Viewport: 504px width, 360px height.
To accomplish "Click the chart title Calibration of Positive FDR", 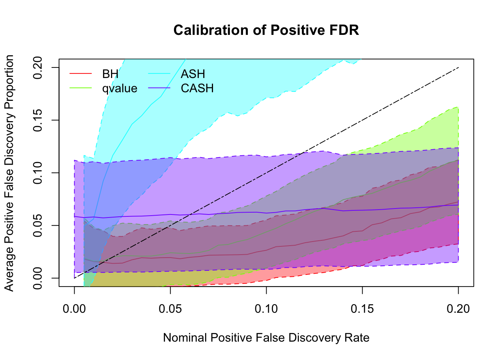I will tap(266, 30).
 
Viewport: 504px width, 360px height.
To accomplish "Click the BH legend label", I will tap(110, 74).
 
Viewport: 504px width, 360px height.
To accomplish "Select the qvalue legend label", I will tap(120, 88).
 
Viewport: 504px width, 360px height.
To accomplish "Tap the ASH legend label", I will tap(193, 74).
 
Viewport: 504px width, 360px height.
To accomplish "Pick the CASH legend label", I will tap(197, 88).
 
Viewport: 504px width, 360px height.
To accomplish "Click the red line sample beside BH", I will tap(81, 74).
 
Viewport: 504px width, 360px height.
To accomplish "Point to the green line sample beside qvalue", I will tap(81, 88).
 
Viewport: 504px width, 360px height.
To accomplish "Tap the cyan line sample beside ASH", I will tap(159, 74).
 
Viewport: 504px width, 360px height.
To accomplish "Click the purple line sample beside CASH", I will tap(159, 88).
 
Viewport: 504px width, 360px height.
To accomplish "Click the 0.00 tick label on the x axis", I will tap(74, 309).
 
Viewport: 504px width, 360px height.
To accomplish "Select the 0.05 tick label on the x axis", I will tap(170, 309).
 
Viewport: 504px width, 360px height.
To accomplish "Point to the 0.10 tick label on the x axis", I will tap(266, 309).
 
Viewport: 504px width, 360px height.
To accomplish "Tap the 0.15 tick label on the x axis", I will tap(362, 309).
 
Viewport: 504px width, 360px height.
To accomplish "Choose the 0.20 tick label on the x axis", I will tap(458, 309).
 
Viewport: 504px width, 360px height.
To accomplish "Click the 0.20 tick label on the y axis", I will tap(38, 67).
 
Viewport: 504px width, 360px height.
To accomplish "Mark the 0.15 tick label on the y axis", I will tap(38, 120).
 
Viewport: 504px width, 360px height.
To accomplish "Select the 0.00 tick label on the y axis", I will tap(38, 278).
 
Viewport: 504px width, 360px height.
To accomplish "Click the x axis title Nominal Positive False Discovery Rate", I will tap(266, 338).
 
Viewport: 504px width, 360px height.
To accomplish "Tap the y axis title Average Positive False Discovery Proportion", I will tap(9, 173).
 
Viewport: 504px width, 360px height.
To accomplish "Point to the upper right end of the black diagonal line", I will tap(458, 67).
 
